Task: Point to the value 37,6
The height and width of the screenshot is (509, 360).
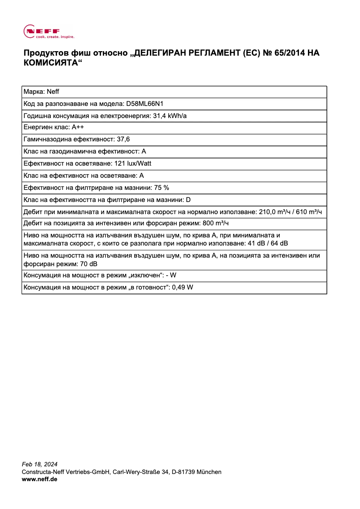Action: [123, 140]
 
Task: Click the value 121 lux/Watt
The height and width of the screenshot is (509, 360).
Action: [133, 163]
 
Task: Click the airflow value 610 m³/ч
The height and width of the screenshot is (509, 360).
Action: [309, 211]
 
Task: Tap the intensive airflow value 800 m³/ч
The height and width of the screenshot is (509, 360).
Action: [218, 224]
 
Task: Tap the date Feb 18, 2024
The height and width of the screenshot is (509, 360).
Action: [40, 464]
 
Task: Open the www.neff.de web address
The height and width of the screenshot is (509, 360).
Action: [40, 479]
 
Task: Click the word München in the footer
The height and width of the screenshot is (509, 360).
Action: [209, 472]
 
